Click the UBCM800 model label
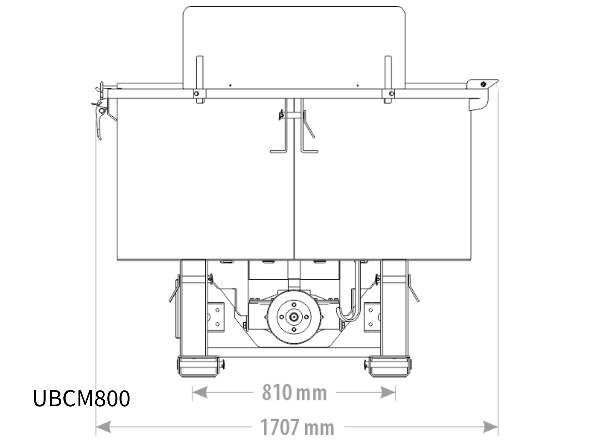pyautogui.click(x=81, y=399)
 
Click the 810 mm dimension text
pyautogui.click(x=294, y=393)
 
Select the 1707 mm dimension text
pyautogui.click(x=297, y=427)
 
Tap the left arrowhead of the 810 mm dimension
pyautogui.click(x=200, y=393)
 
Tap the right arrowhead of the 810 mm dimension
pyautogui.click(x=388, y=393)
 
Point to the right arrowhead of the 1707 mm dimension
pyautogui.click(x=490, y=427)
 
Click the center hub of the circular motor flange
pyautogui.click(x=294, y=317)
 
